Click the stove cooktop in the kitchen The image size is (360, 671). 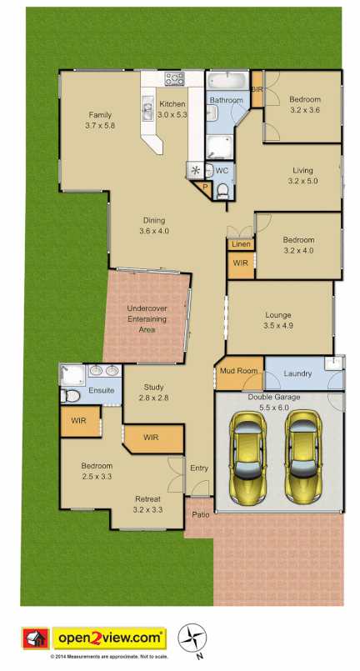point(175,79)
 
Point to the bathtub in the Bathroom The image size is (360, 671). point(226,82)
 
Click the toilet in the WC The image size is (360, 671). point(222,191)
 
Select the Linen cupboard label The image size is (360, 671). point(241,244)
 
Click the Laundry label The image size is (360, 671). point(297,373)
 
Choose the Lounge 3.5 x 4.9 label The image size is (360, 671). point(278,320)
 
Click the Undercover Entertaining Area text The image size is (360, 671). point(147,319)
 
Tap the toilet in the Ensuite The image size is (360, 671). point(72,394)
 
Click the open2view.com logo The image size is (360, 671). point(110,638)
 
